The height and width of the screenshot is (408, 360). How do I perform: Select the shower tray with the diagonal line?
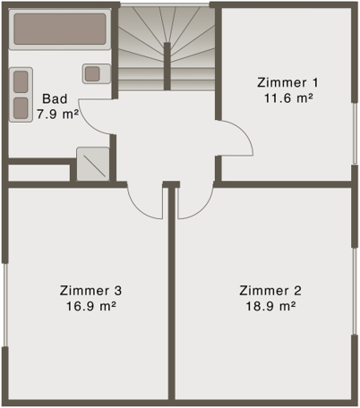click(91, 163)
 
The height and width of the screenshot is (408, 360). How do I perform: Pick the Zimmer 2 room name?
click(270, 290)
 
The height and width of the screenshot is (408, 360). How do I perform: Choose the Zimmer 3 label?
click(90, 290)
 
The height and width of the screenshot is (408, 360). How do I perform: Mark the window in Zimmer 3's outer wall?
click(4, 303)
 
